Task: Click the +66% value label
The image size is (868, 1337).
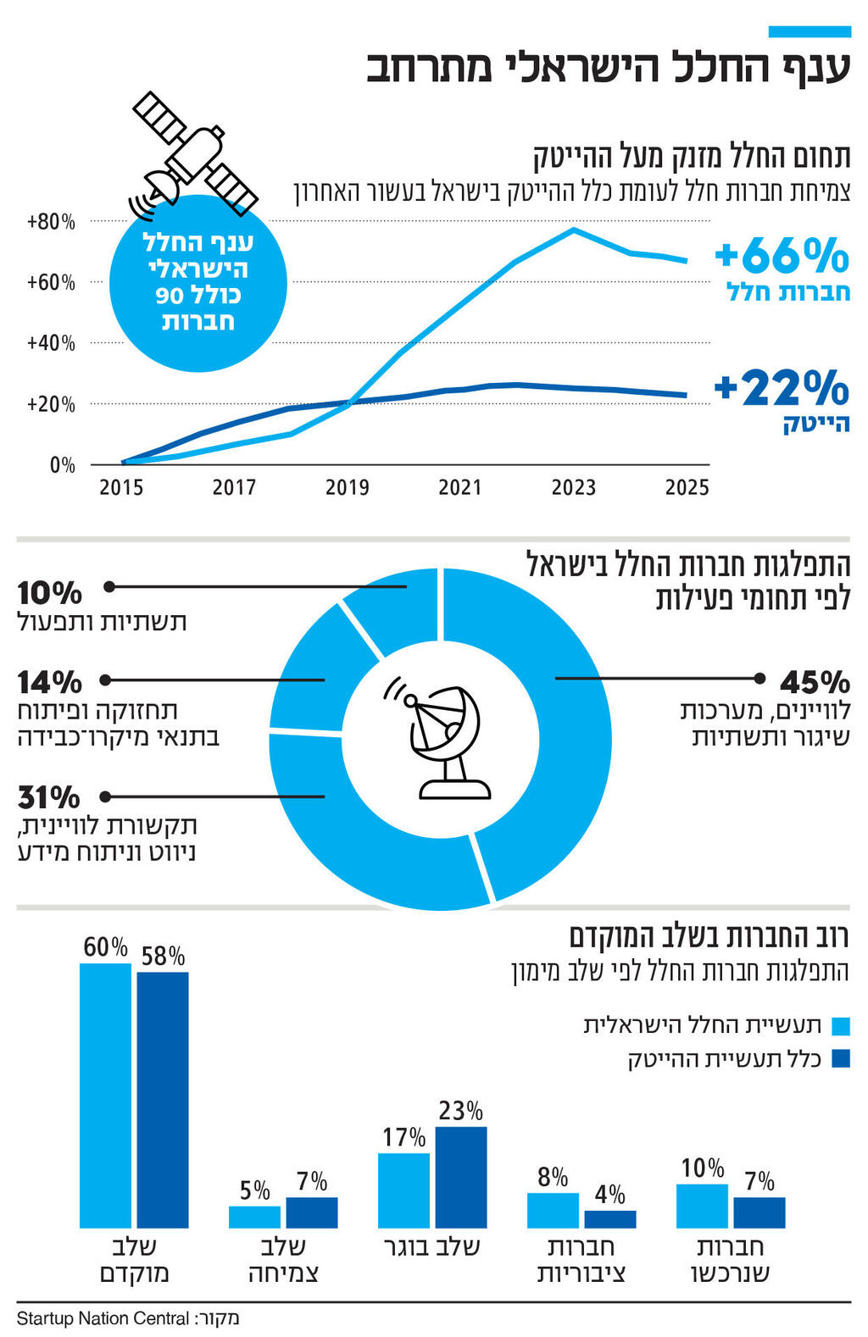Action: click(781, 255)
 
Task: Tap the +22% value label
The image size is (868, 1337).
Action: click(781, 388)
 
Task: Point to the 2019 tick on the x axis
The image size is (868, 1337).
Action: click(347, 487)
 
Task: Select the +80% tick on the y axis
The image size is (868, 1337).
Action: click(51, 222)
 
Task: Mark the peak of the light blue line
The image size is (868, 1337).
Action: click(574, 230)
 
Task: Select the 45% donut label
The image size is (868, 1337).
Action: click(815, 681)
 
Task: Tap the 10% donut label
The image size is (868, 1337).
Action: click(49, 592)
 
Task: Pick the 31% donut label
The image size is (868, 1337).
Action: click(48, 797)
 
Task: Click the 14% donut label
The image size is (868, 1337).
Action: click(49, 682)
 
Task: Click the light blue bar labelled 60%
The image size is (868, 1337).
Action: click(105, 1095)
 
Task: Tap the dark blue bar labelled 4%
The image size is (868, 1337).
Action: click(609, 1218)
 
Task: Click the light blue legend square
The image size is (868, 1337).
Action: click(840, 1026)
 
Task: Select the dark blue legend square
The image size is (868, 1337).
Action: click(840, 1058)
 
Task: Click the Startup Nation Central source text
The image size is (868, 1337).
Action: click(103, 1318)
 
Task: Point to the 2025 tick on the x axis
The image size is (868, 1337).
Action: click(686, 487)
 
